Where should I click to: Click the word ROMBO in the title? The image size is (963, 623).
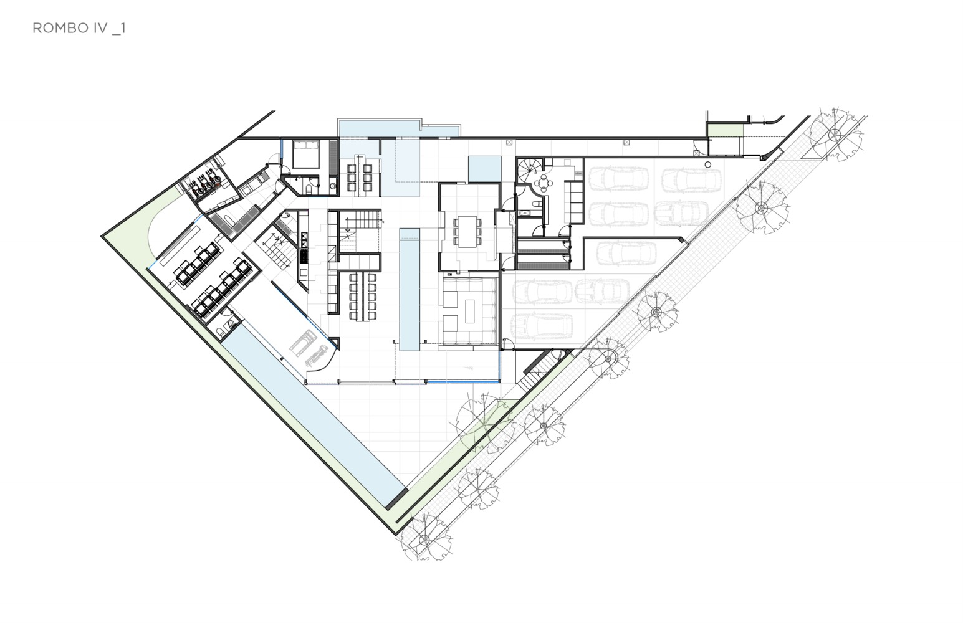(60, 28)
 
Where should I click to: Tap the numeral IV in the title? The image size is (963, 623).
(100, 28)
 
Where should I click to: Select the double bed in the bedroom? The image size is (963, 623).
(305, 154)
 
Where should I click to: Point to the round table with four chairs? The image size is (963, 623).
(544, 183)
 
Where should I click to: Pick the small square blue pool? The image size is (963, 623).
(484, 169)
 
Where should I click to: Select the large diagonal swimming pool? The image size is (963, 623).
(314, 415)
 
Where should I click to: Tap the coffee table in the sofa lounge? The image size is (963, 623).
(469, 311)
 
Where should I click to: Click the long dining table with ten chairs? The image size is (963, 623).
(363, 297)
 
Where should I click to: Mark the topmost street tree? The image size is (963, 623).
(836, 135)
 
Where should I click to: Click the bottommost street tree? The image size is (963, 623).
(424, 539)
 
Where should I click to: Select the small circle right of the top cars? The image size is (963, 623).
(708, 164)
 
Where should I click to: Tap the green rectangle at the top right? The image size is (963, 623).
(726, 131)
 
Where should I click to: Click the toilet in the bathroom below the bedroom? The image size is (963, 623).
(309, 189)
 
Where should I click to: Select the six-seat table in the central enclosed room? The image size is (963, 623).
(467, 232)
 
